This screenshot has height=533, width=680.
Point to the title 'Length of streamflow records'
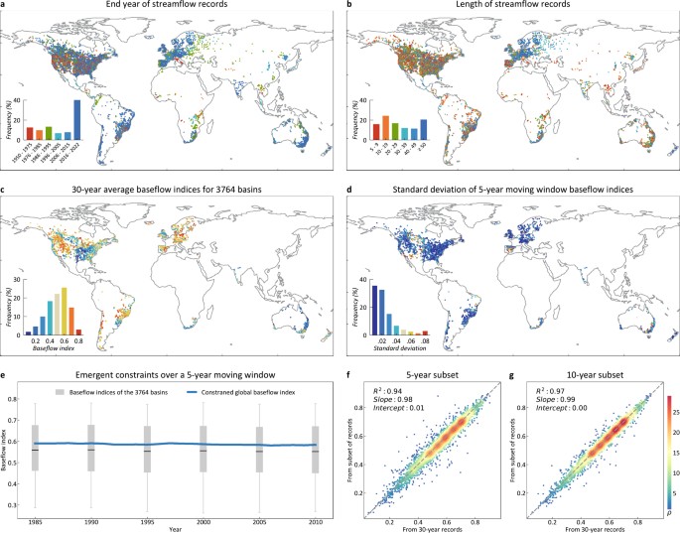click(x=508, y=6)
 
